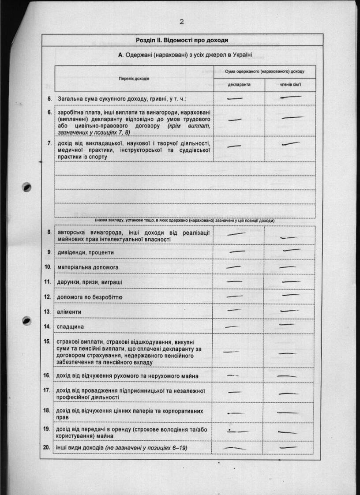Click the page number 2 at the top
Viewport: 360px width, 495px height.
[x=181, y=22]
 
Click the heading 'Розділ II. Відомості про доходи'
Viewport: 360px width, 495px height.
[x=182, y=40]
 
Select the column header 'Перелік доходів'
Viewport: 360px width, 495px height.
[x=134, y=78]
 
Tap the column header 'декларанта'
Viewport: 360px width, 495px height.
[x=239, y=85]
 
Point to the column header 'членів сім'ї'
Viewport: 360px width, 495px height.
[x=289, y=85]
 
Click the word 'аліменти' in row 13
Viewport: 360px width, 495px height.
[x=69, y=312]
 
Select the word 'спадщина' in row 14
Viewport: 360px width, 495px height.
[x=71, y=327]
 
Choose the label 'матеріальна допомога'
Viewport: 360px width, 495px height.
[x=87, y=267]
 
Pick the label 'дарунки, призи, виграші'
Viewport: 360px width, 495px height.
[x=90, y=282]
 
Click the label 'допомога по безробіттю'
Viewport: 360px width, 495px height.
[x=90, y=297]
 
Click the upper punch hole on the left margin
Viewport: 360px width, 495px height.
[x=27, y=187]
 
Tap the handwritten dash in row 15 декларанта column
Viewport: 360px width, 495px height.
[x=231, y=352]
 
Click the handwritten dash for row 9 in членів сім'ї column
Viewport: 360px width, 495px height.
[x=291, y=250]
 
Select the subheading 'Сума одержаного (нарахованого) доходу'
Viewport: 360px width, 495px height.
[x=264, y=71]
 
